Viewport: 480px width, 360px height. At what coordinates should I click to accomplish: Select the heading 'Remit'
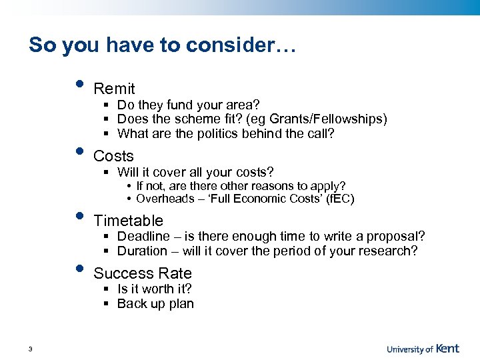click(x=114, y=89)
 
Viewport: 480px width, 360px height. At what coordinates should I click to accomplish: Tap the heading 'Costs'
click(x=113, y=156)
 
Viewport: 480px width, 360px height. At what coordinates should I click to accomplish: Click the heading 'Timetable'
click(x=128, y=221)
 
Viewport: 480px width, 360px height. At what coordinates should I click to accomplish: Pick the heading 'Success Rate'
click(x=142, y=273)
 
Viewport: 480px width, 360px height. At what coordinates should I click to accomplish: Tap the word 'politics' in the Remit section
click(x=217, y=133)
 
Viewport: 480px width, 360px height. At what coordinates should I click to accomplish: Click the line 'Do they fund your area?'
click(x=188, y=105)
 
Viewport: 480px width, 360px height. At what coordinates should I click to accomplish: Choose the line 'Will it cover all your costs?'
click(x=195, y=172)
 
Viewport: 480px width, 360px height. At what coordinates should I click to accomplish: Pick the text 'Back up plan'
click(x=155, y=303)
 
